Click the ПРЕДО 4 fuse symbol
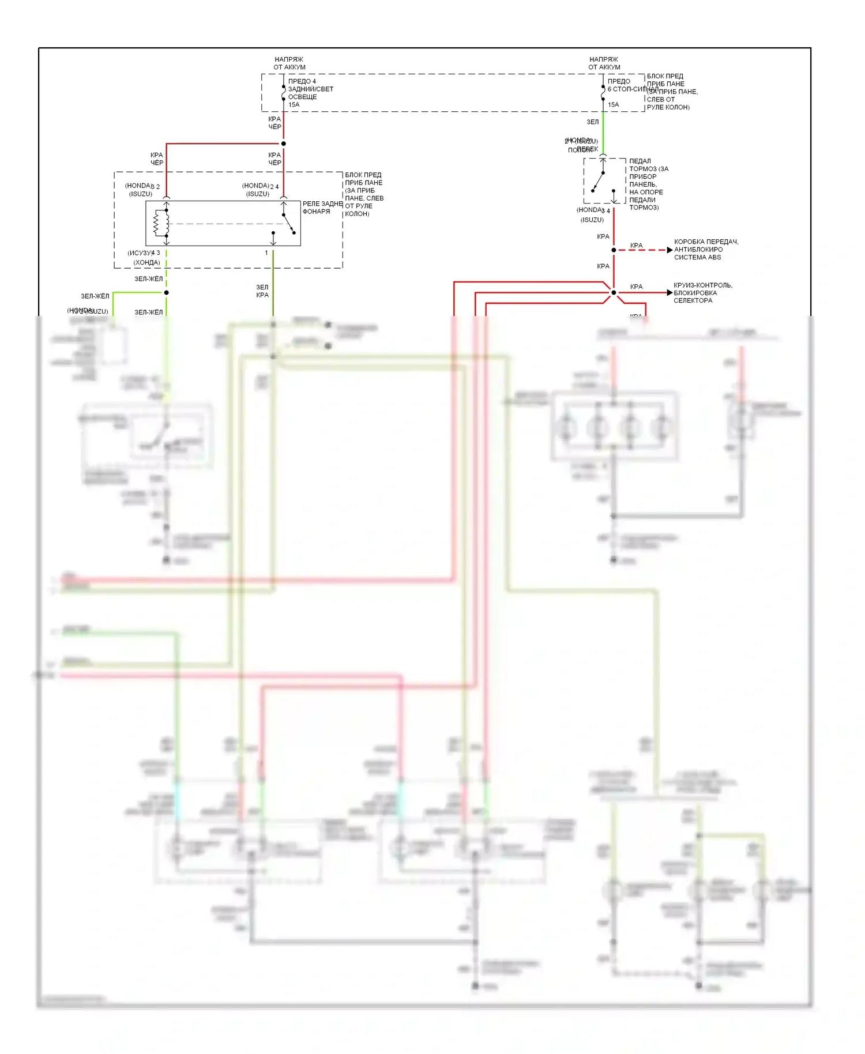[283, 93]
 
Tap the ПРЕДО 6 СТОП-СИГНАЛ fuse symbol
[603, 93]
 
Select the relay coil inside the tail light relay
[160, 223]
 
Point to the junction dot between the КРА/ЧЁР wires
[283, 144]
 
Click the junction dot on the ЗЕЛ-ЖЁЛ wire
[167, 292]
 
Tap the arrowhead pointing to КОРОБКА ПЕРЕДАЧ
[669, 250]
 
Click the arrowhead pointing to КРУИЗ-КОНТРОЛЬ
[669, 293]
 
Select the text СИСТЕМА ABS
[697, 257]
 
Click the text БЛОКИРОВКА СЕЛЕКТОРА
[695, 296]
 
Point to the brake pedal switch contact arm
[599, 180]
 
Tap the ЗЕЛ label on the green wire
[592, 122]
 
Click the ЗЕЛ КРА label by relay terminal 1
[262, 291]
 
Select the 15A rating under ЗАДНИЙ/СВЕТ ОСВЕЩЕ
[294, 105]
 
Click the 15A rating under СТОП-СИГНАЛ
[613, 105]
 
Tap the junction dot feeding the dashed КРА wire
[614, 250]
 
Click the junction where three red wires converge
[614, 293]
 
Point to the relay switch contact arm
[288, 224]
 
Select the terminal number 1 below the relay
[266, 253]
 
